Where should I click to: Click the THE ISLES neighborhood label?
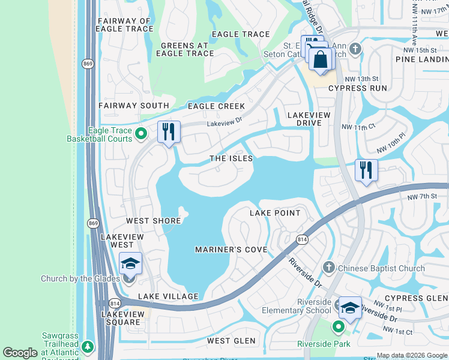pos(231,158)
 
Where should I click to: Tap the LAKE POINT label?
pos(274,213)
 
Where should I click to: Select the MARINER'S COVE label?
pos(231,249)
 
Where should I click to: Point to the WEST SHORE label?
pos(154,221)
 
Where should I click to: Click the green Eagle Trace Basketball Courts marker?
pos(141,133)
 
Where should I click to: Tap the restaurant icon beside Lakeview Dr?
pos(169,131)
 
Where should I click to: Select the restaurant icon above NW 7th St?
pos(366,170)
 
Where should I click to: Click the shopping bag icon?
pos(322,59)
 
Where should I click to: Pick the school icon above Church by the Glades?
pos(130,263)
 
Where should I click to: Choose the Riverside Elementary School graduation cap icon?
pos(350,307)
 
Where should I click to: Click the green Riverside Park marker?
pos(339,327)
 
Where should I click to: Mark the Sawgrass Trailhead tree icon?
pos(88,346)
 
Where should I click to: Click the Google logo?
pos(20,353)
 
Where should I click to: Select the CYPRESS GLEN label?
pos(416,298)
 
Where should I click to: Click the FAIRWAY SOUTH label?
pos(134,106)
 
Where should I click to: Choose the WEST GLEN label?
pos(231,341)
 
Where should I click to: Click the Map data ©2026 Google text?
pos(411,355)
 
